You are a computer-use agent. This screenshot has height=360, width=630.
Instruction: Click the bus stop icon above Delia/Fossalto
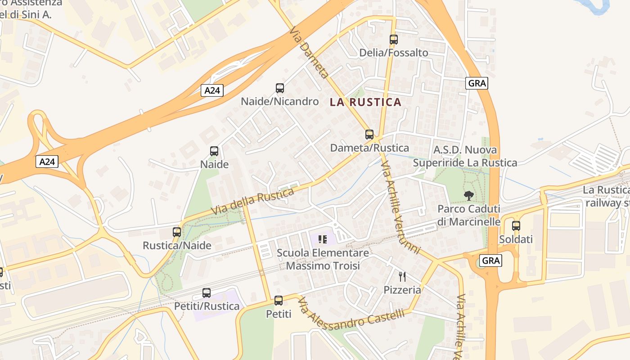click(394, 40)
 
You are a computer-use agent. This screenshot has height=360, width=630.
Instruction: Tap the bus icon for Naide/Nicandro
click(279, 88)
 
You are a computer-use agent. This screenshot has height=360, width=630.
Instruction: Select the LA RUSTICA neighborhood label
click(365, 102)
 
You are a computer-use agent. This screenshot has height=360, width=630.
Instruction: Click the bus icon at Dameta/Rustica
click(369, 135)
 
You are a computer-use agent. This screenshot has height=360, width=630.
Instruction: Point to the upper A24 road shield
click(212, 90)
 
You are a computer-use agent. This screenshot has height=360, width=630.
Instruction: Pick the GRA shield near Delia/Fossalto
click(477, 83)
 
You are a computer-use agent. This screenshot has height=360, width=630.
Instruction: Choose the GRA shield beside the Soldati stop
click(490, 261)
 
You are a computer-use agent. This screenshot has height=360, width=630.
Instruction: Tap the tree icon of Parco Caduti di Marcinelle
click(469, 196)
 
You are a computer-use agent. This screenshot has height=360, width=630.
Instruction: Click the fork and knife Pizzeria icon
click(402, 277)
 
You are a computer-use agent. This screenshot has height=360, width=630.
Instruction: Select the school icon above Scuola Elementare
click(322, 239)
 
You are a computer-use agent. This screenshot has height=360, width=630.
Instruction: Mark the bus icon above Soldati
click(516, 226)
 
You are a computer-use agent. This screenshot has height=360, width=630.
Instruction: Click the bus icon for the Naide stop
click(214, 151)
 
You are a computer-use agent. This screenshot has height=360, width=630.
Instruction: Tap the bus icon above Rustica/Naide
click(177, 232)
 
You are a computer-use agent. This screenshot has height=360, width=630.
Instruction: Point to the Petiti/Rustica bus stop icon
click(207, 293)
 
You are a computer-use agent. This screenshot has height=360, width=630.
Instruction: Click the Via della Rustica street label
click(252, 201)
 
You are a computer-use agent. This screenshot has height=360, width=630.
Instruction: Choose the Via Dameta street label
click(309, 52)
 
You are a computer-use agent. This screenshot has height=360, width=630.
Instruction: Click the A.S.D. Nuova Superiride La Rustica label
click(465, 156)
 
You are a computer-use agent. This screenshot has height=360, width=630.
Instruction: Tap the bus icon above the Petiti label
click(279, 301)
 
